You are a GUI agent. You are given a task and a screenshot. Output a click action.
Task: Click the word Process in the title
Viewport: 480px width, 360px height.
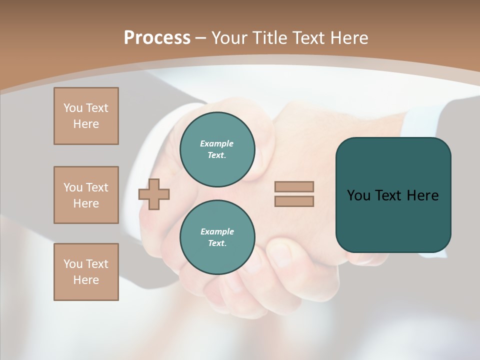point(157,38)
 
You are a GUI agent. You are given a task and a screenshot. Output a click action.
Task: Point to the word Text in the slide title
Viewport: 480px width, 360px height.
point(313,38)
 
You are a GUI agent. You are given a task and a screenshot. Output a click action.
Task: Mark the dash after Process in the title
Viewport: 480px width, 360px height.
point(200,38)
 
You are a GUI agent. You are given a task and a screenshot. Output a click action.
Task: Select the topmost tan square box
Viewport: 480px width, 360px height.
point(86,116)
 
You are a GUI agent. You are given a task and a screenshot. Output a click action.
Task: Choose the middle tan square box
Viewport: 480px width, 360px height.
point(86,195)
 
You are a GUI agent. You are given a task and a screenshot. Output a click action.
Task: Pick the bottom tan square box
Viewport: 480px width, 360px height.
point(86,272)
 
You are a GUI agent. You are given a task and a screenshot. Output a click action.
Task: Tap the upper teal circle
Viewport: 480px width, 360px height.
point(217,149)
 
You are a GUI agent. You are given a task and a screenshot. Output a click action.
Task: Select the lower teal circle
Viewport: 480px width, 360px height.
point(217,237)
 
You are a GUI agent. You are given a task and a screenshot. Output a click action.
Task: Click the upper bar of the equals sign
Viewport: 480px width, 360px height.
point(294,186)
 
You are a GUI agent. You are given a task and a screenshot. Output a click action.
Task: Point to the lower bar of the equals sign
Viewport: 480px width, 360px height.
point(294,201)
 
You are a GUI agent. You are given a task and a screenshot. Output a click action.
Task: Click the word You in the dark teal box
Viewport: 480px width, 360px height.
point(358,195)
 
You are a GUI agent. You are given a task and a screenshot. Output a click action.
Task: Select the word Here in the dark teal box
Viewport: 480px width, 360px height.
point(422,195)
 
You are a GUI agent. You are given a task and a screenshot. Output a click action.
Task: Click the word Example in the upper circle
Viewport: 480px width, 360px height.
point(217,143)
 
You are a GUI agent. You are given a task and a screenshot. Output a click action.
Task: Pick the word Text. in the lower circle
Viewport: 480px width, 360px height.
point(217,243)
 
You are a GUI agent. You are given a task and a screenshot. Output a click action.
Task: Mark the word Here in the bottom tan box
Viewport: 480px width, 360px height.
point(86,280)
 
